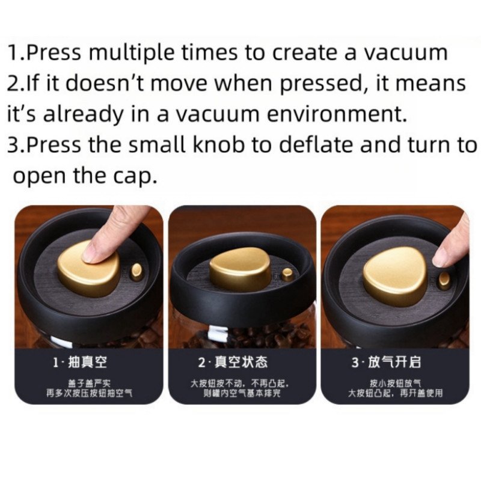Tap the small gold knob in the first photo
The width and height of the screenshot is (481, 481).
[x=138, y=271]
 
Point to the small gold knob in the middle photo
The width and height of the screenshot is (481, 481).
[x=288, y=274]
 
